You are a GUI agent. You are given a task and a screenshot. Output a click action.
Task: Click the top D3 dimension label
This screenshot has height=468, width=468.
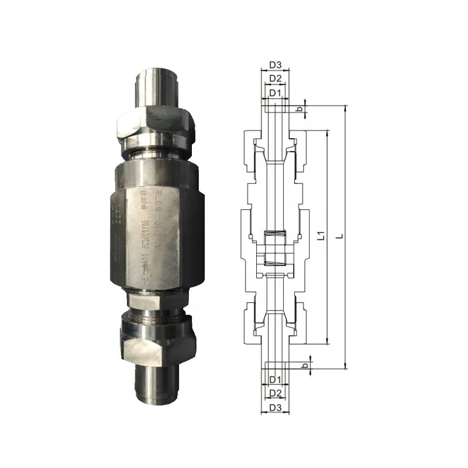coord(275,64)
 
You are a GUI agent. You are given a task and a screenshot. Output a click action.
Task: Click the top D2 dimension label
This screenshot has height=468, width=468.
coord(275,78)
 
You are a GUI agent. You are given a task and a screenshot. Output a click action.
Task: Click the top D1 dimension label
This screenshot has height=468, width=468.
coord(275,92)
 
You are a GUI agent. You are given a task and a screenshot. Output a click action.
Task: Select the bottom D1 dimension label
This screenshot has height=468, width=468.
coord(275,380)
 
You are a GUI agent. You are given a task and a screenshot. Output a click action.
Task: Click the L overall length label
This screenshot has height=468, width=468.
coord(340,237)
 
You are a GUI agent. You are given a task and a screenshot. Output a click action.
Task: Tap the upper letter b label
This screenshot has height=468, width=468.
coord(299,109)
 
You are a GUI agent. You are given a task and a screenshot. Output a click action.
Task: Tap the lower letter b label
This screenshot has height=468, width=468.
coord(304,365)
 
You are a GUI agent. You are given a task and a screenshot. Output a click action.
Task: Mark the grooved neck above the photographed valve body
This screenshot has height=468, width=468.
coord(157,153)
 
